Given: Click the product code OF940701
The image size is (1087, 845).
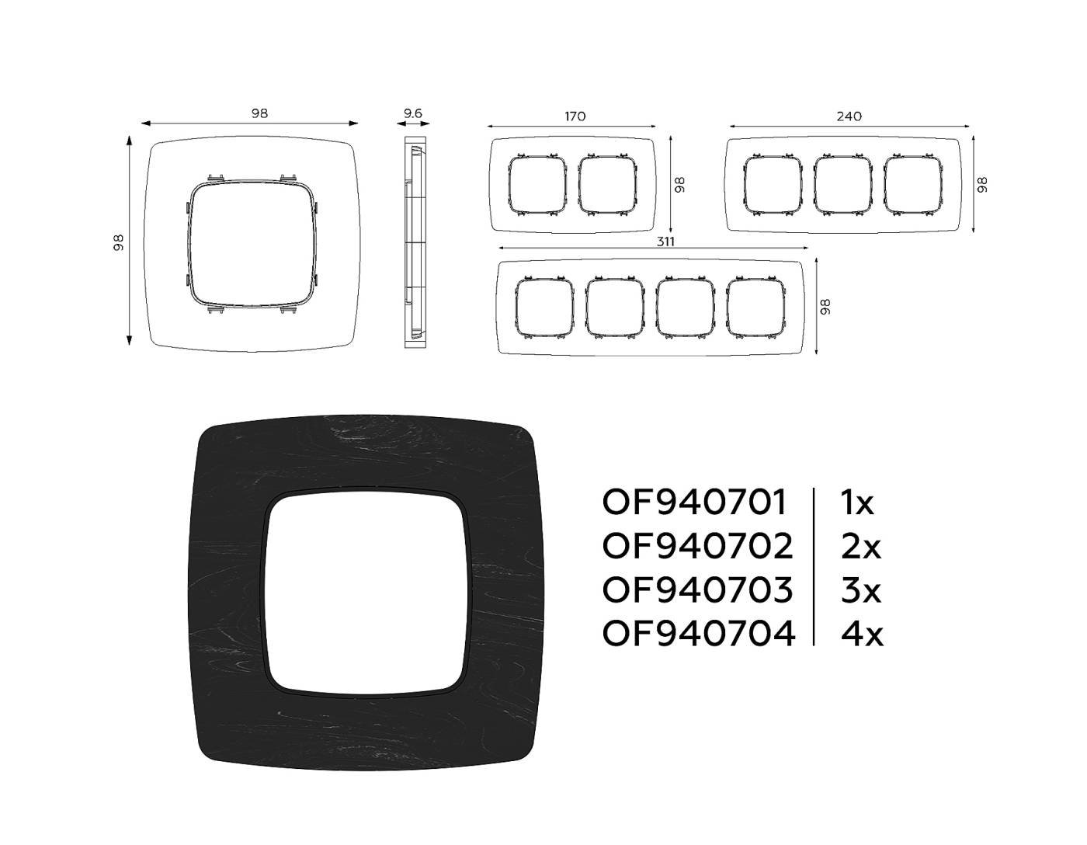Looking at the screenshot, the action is click(x=694, y=502).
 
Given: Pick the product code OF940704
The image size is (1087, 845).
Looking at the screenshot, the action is click(x=699, y=634).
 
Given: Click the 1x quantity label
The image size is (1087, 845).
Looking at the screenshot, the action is click(x=857, y=502).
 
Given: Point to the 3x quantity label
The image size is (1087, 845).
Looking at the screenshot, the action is click(x=860, y=589).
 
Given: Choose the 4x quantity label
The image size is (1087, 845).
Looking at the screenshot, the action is click(x=862, y=634).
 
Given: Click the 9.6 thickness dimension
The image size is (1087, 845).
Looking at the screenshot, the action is click(x=413, y=113).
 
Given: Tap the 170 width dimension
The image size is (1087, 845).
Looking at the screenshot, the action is click(x=575, y=116).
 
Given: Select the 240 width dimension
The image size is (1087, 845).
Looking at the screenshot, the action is click(x=849, y=116).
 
